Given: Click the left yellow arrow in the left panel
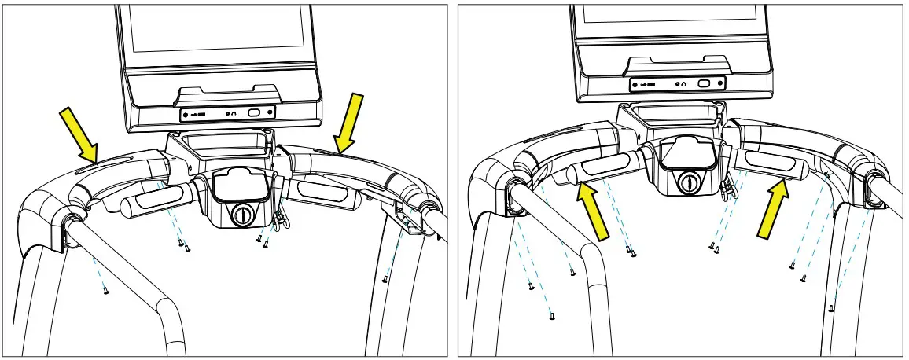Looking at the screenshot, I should point(79,131).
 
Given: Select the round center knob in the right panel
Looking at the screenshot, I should point(690,183).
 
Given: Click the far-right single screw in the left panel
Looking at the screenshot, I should point(385,278).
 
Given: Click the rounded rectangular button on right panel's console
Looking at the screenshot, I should point(705,83).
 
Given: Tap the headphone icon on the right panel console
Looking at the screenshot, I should point(682,83).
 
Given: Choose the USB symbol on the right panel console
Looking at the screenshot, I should point(645,83).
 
